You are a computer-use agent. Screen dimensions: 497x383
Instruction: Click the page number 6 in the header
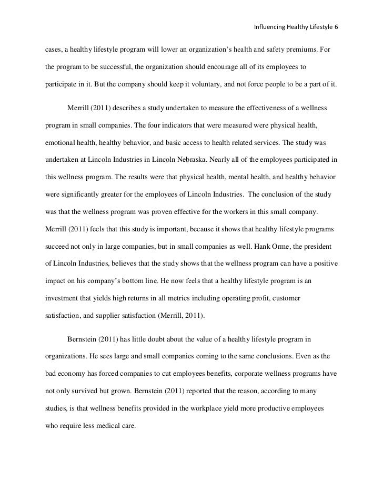point(337,26)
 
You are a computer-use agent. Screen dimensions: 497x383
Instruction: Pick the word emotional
point(58,142)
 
